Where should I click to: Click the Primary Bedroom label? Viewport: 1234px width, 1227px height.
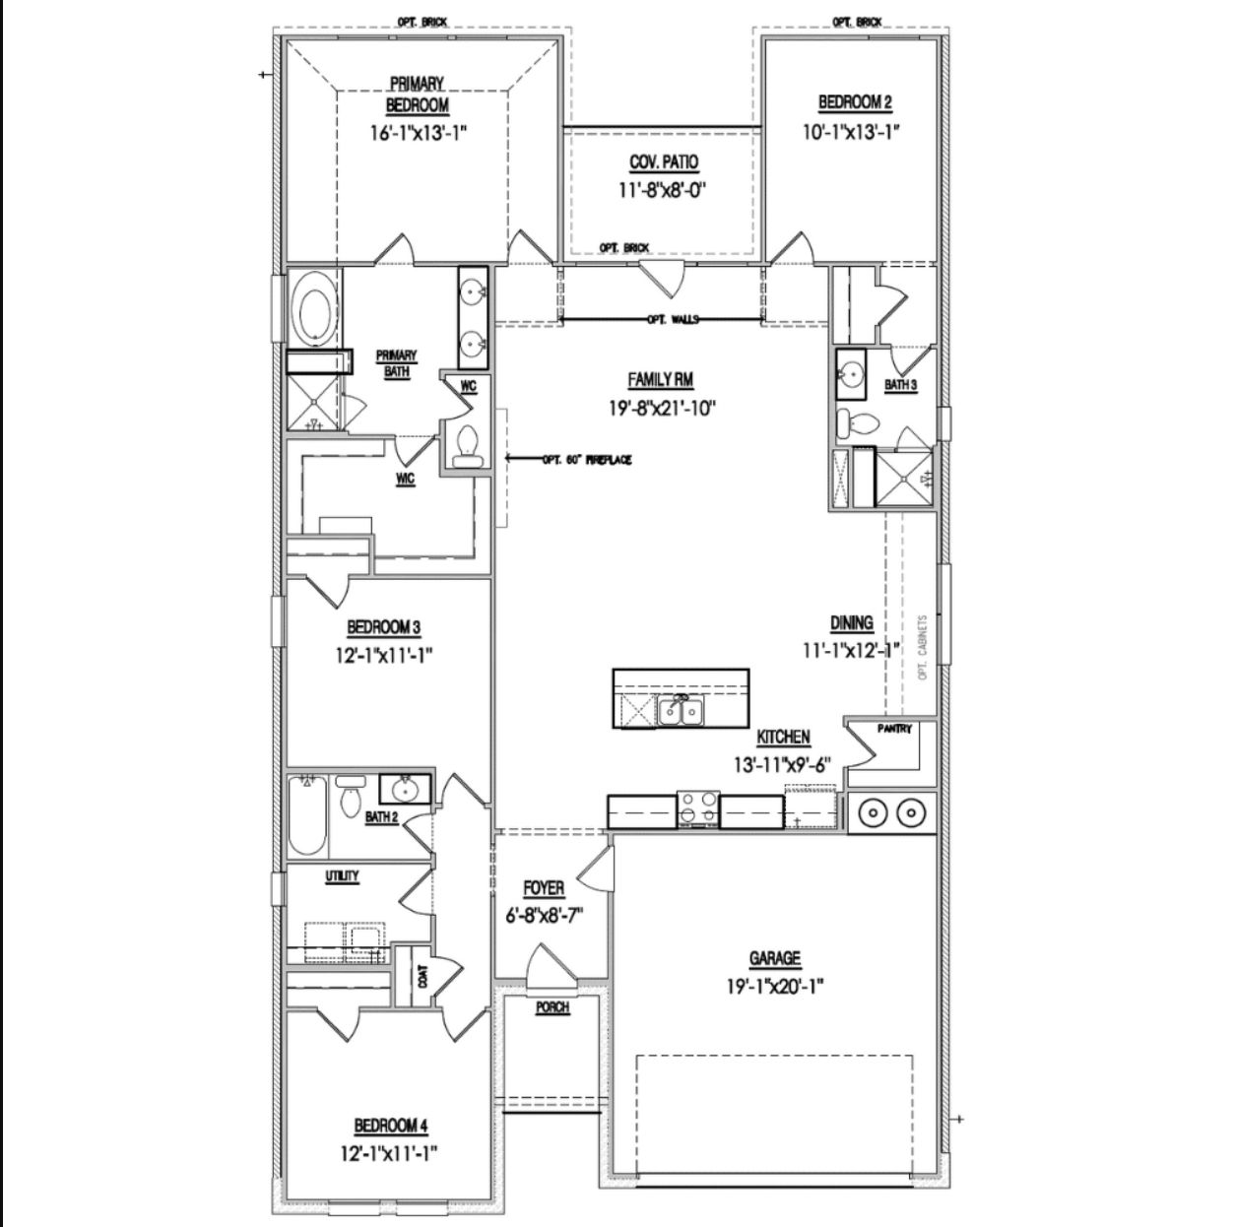[417, 95]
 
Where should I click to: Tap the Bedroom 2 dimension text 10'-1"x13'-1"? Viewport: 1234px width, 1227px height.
[855, 130]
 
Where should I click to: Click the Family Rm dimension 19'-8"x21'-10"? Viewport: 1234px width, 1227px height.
[661, 407]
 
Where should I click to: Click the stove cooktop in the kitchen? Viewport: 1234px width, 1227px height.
[697, 807]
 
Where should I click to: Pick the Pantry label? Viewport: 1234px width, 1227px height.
[894, 729]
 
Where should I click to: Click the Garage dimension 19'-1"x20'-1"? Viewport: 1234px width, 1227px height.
[774, 984]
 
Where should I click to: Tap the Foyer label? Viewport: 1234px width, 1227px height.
[544, 888]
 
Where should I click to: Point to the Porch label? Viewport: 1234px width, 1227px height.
[552, 1007]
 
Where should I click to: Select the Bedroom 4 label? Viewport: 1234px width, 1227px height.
[390, 1126]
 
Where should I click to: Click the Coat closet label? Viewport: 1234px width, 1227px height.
[423, 976]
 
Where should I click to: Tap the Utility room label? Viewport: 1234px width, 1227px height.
[342, 875]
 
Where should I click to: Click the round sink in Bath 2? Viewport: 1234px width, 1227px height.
[404, 789]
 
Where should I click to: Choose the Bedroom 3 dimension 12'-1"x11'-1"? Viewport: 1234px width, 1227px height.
[384, 653]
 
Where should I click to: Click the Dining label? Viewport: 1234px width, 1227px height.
[851, 622]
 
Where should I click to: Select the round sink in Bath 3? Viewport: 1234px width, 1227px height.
[850, 374]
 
